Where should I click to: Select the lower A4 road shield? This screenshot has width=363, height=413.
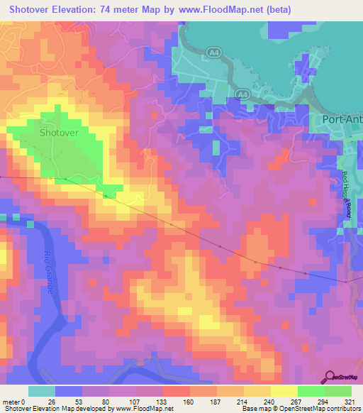click(x=242, y=94)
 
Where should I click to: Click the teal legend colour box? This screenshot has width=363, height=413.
click(x=41, y=391)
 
